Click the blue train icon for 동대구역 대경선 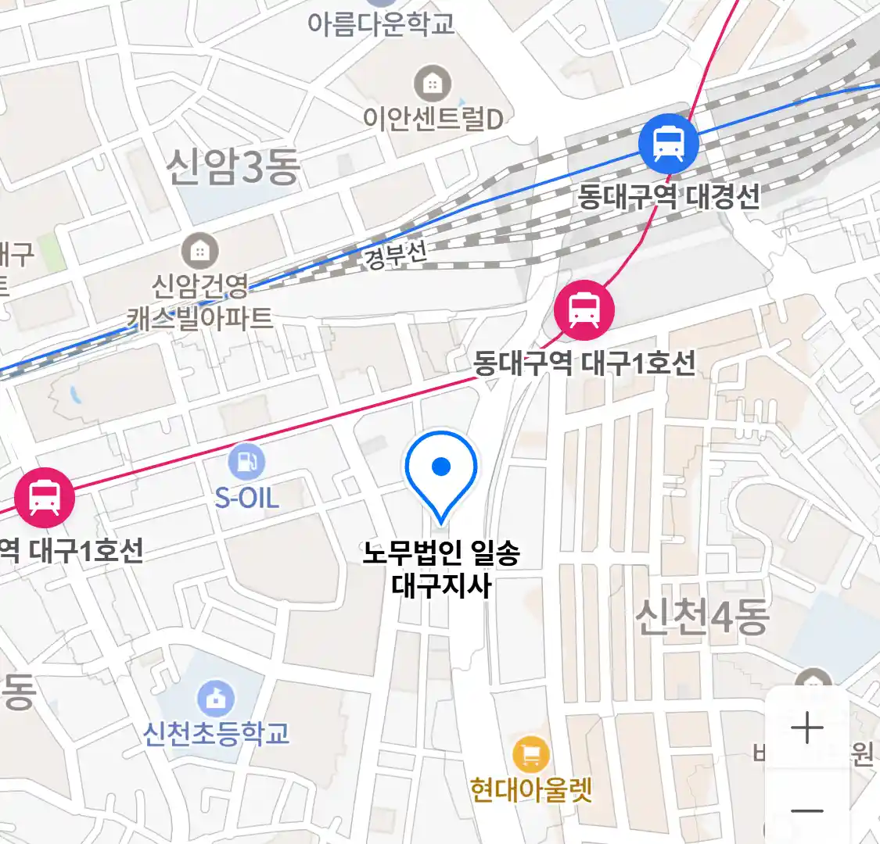coord(668,143)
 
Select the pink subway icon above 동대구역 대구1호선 coord(584,309)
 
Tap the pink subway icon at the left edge coord(45,498)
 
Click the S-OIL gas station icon coord(246,462)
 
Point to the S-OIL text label coord(246,498)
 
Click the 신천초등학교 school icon coord(217,698)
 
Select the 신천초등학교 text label coord(217,734)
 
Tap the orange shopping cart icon coord(531,755)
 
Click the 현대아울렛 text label coord(531,790)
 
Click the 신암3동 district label coord(233,167)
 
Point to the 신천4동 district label coord(702,617)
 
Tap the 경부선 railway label coord(396,255)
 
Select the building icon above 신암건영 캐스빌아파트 coord(200,251)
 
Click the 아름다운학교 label coord(381,23)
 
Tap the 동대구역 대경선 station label coord(669,195)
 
